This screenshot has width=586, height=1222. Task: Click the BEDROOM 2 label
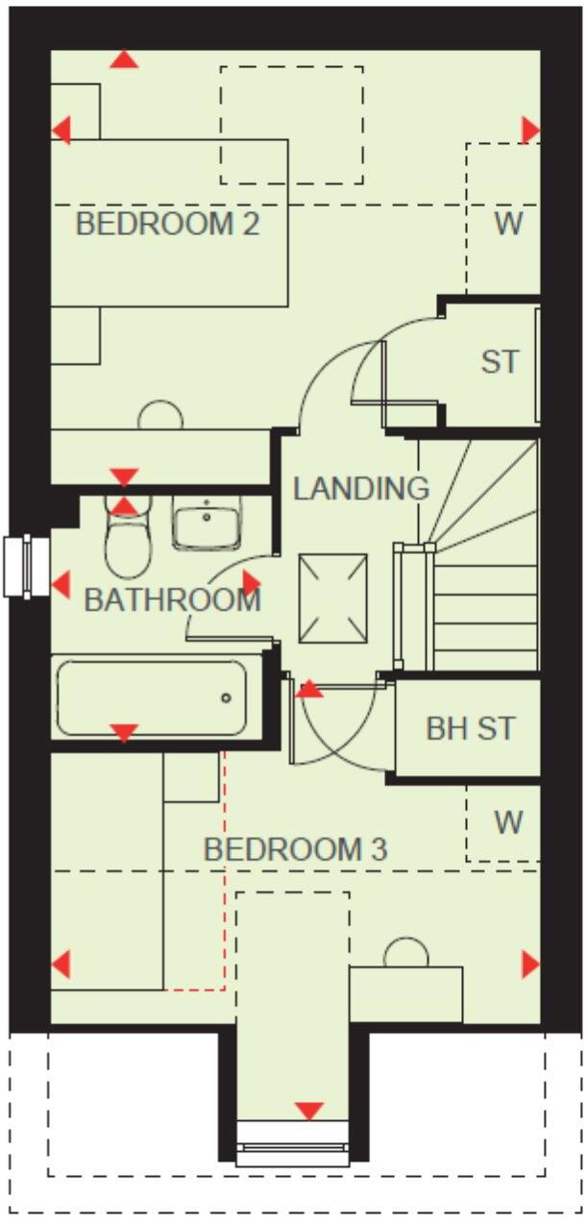tap(167, 225)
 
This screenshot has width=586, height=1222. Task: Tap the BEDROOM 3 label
tap(295, 849)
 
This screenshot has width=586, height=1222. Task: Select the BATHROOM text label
tap(172, 600)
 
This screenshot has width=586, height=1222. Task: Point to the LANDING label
tap(360, 488)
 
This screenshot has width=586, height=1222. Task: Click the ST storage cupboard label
tap(500, 362)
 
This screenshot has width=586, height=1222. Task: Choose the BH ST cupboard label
tap(470, 728)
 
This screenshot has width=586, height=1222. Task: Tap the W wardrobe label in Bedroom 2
tap(508, 224)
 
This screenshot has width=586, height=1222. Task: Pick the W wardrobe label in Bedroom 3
tap(508, 822)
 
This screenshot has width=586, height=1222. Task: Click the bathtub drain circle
tap(226, 697)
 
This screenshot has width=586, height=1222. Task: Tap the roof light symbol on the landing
tap(332, 599)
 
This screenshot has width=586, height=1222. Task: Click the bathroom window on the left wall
tap(27, 566)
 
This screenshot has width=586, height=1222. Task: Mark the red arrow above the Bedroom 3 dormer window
tap(308, 1111)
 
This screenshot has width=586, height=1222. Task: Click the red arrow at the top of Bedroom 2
tap(124, 60)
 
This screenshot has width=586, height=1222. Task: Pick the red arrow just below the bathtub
tap(124, 733)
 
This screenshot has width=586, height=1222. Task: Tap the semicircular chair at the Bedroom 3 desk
tap(405, 952)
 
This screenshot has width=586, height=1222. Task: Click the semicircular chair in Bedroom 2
tap(160, 415)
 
